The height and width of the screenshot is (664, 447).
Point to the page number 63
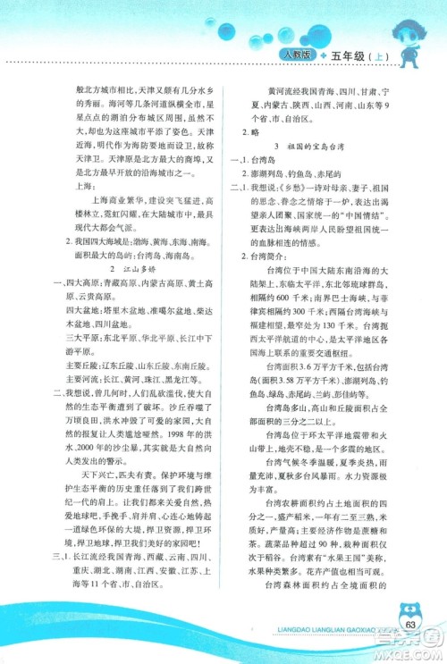pos(410,623)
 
